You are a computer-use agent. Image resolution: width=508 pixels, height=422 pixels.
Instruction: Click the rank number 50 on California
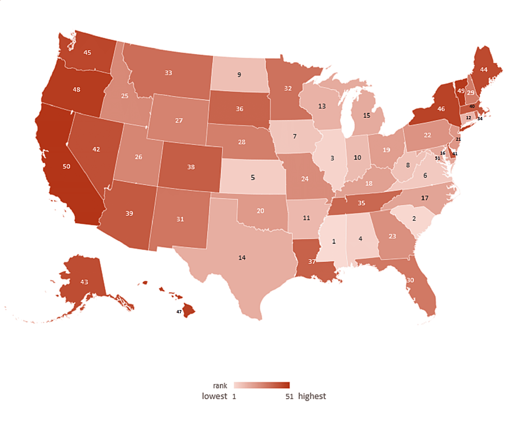(x=67, y=167)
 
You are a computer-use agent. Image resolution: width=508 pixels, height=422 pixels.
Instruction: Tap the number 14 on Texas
(x=242, y=257)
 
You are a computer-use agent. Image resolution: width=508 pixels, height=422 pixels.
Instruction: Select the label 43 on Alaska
(x=84, y=283)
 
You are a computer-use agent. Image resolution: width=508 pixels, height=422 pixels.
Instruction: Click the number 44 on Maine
(x=483, y=69)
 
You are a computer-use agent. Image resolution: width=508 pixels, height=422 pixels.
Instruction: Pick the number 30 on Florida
(x=410, y=280)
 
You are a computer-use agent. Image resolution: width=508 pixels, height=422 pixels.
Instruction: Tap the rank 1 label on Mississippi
(x=334, y=241)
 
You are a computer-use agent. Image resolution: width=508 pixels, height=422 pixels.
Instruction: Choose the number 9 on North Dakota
(x=239, y=75)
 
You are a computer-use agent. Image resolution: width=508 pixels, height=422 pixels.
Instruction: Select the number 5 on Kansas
(x=252, y=178)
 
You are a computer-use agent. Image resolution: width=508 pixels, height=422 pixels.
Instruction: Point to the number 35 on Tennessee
(x=361, y=204)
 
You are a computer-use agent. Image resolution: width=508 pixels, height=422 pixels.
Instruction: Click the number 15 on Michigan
(x=367, y=116)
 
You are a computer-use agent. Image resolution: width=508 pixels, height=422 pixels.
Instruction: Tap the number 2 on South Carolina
(x=414, y=218)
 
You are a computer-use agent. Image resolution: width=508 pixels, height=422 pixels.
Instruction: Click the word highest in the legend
(x=312, y=396)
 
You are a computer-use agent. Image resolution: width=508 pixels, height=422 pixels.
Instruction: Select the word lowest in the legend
(x=214, y=396)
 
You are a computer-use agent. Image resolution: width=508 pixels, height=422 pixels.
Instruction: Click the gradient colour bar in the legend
(x=261, y=385)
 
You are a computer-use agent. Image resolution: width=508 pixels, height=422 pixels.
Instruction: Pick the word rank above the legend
(x=220, y=385)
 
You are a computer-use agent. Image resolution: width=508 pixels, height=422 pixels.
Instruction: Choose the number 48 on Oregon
(x=76, y=90)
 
